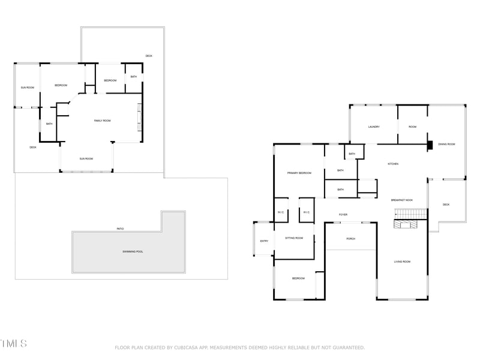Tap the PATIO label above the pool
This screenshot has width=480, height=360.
pos(120,229)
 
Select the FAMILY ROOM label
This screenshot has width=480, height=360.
pos(102,121)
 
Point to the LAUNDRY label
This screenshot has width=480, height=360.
pos(374,127)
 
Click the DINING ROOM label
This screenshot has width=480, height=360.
pos(446,144)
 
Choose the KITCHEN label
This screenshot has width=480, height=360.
pos(393,164)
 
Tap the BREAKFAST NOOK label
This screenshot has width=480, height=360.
pos(401,200)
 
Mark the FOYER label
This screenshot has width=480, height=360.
pos(343,214)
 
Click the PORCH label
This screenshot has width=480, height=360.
pos(351,239)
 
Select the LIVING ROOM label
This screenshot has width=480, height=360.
pos(401,262)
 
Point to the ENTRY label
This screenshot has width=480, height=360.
pos(264,241)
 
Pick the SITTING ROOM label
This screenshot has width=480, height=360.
pos(294,238)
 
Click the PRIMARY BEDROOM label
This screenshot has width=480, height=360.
pos(299,173)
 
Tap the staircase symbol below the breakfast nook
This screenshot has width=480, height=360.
pos(410,214)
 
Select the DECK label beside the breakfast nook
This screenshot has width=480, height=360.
pos(446,205)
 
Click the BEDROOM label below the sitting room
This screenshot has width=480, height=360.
pos(299,278)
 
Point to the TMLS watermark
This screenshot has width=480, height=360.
pos(13,344)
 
